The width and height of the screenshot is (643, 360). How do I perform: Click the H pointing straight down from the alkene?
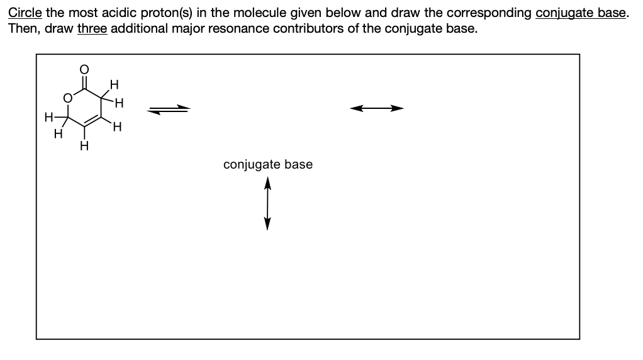click(x=82, y=146)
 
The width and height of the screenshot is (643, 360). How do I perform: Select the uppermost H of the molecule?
click(x=113, y=82)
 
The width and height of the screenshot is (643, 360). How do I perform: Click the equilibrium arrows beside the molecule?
click(x=169, y=110)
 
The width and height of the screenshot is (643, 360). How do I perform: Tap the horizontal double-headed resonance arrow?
click(x=376, y=109)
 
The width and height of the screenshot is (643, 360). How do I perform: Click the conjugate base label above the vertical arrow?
click(x=267, y=165)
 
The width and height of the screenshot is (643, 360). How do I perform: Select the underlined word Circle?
click(x=25, y=14)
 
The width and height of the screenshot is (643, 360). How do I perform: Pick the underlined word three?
click(x=92, y=29)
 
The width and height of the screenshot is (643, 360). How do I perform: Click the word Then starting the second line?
click(x=23, y=29)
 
